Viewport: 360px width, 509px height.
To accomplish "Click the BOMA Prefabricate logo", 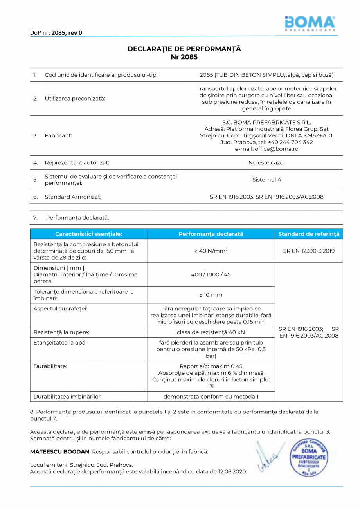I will pos(310,23).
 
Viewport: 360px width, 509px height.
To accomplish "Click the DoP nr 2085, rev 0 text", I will pos(56,33).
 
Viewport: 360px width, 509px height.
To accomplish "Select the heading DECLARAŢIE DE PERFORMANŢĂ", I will pos(184,49).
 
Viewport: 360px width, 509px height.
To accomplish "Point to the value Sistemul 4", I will pos(266,180).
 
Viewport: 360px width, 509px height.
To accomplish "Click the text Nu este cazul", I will pos(266,162).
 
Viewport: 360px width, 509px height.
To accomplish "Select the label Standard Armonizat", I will pos(73,197).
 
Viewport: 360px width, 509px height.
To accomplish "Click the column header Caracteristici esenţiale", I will pos(88,234).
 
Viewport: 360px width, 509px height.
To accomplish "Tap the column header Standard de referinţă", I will pos(308,234).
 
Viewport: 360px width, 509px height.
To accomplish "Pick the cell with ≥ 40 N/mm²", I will pos(211,251).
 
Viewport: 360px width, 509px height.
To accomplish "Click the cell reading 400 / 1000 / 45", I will pos(211,274).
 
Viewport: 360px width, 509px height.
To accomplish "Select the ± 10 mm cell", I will pos(211,295).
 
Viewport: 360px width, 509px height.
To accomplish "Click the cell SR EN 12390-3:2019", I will pos(308,251).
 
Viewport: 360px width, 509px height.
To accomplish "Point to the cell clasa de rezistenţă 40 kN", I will pos(211,332).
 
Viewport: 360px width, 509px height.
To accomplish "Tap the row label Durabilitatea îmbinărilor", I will pos(68,396).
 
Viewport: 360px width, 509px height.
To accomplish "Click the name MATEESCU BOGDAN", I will pos(60,451).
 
